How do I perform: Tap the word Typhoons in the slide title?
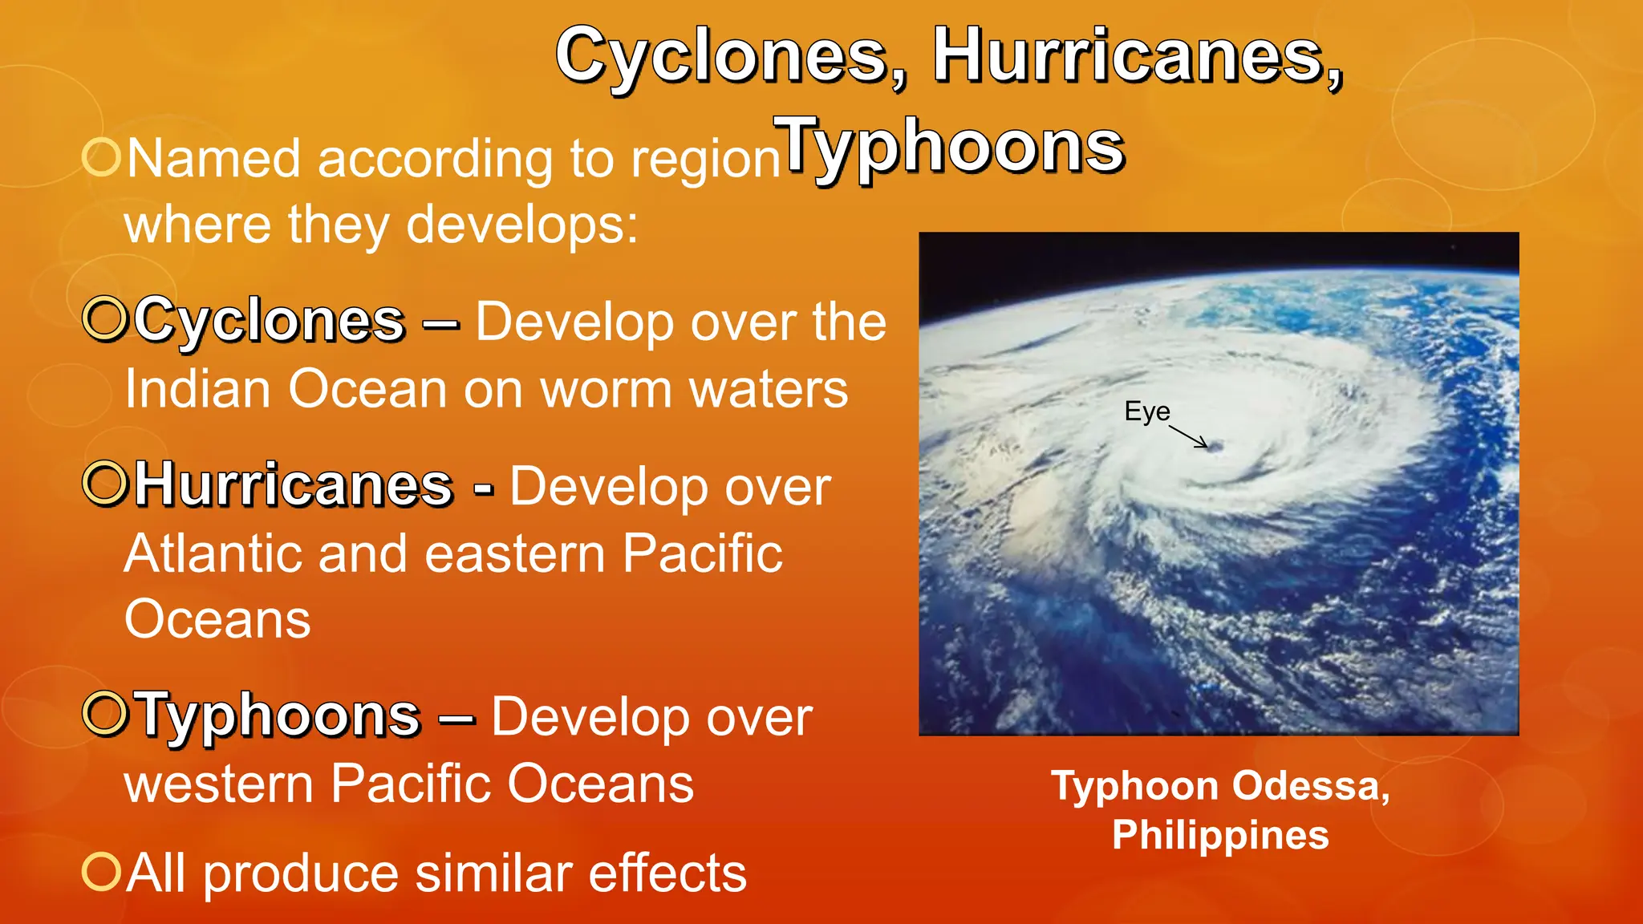pyautogui.click(x=949, y=146)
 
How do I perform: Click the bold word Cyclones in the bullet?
pyautogui.click(x=270, y=321)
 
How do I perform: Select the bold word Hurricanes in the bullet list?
pyautogui.click(x=294, y=485)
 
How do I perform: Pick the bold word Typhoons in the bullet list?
pyautogui.click(x=278, y=715)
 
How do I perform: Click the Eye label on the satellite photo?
pyautogui.click(x=1146, y=411)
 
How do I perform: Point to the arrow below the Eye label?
pyautogui.click(x=1188, y=436)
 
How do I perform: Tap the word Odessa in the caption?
pyautogui.click(x=1311, y=786)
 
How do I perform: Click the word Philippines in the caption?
pyautogui.click(x=1220, y=835)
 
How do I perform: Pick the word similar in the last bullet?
pyautogui.click(x=493, y=873)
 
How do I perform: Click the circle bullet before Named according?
pyautogui.click(x=102, y=156)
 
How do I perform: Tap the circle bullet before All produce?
pyautogui.click(x=102, y=871)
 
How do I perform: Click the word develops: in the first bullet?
pyautogui.click(x=522, y=225)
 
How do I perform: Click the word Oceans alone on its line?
pyautogui.click(x=217, y=620)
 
